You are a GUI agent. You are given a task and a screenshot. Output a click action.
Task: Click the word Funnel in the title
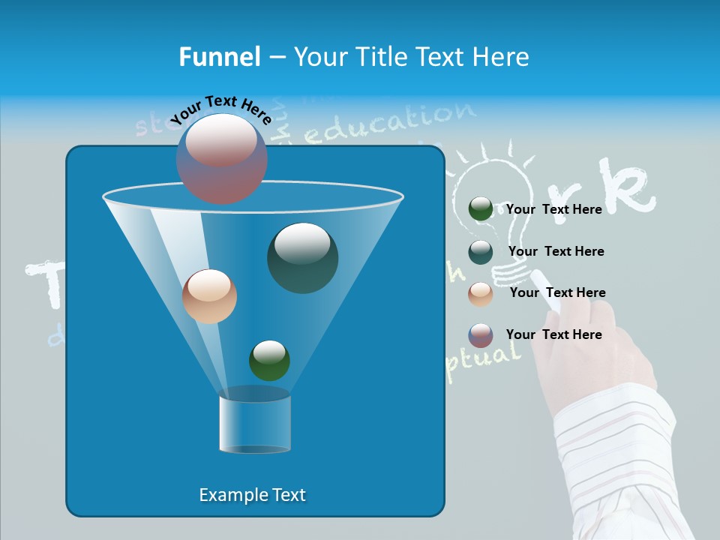point(219,57)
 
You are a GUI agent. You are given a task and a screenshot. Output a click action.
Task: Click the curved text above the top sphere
point(221,110)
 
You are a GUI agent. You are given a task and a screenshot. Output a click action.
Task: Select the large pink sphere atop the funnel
point(222,158)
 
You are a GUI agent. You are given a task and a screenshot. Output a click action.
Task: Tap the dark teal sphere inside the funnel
point(302,257)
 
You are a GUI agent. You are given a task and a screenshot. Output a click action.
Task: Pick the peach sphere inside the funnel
point(209,296)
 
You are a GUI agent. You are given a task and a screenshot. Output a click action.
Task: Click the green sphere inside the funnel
point(269,360)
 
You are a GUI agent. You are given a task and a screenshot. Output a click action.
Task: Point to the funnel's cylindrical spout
point(254,424)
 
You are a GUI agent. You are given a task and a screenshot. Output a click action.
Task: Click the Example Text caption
point(252,495)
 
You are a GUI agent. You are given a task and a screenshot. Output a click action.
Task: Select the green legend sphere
point(481,209)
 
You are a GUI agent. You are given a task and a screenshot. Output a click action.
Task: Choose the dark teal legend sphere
point(481,252)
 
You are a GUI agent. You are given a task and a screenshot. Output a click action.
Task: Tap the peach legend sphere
point(481,293)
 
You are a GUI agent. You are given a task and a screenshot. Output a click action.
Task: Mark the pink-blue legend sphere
point(481,335)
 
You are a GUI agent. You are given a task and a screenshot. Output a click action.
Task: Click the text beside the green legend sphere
point(553,209)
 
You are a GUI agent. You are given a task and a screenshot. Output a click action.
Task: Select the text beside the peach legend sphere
point(557,292)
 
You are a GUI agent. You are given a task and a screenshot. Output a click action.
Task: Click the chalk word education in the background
point(390,124)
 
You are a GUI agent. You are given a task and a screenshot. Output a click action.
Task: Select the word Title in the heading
point(381,57)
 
